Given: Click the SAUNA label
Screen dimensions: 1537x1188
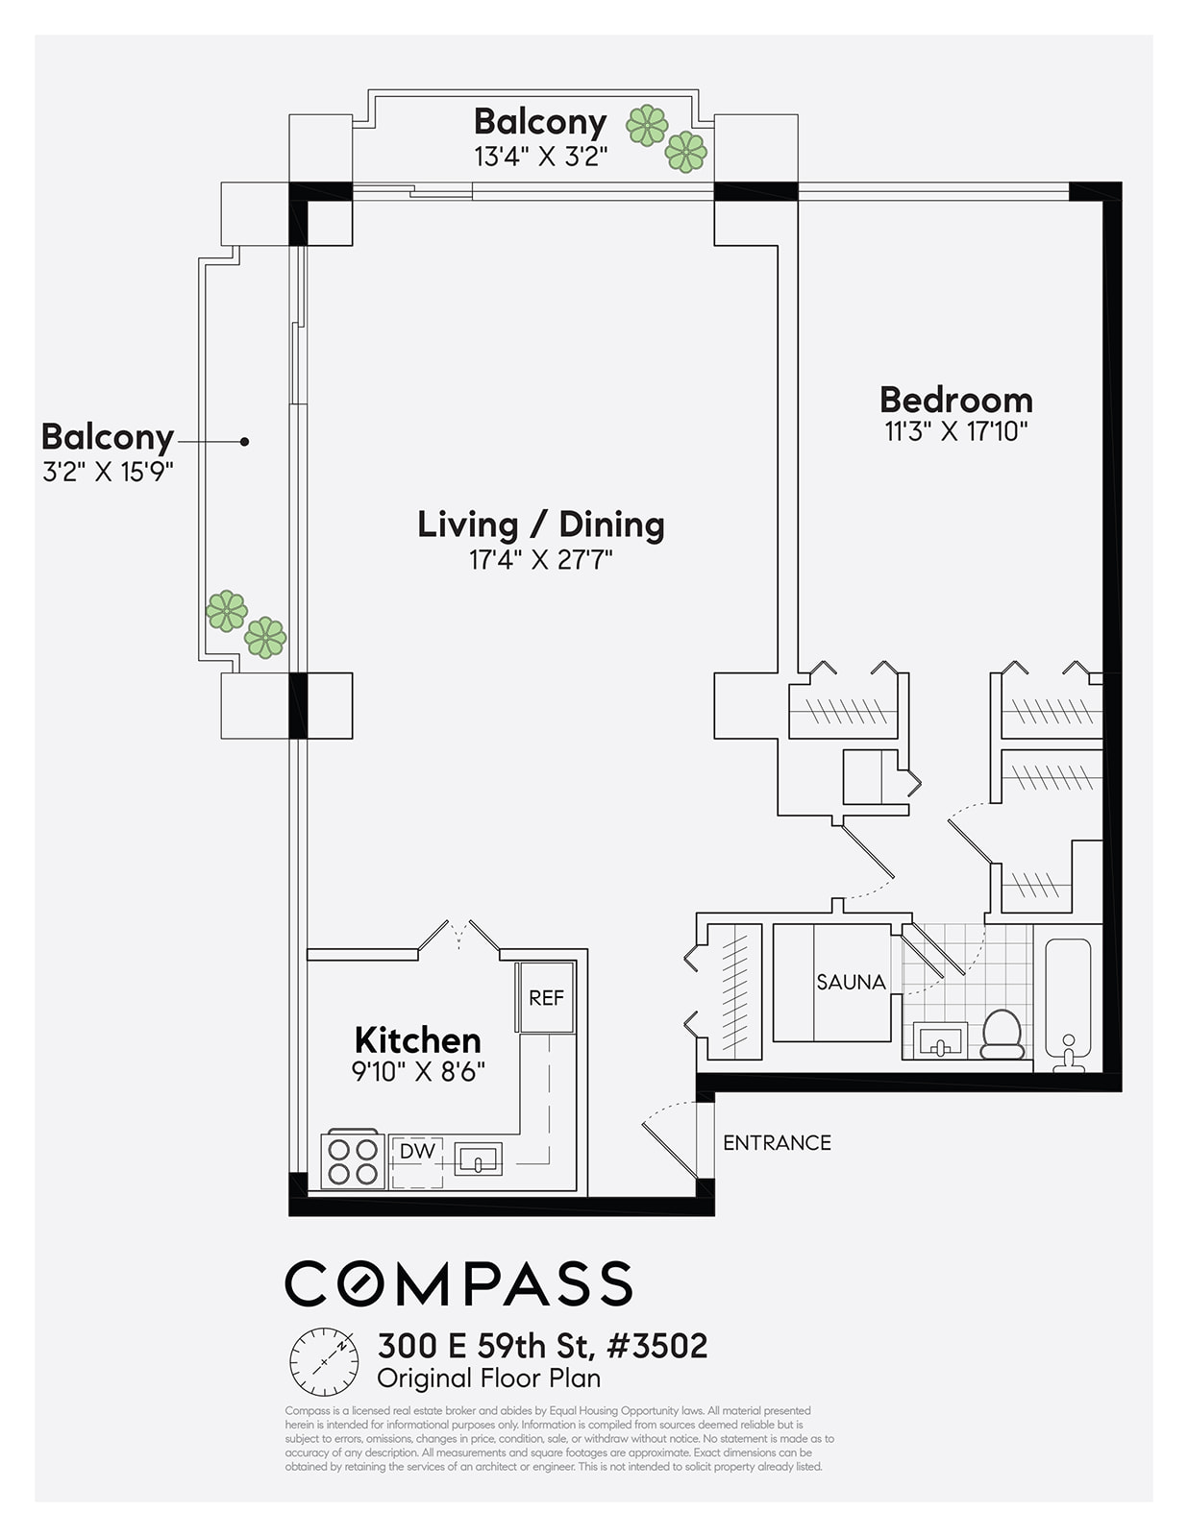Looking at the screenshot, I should pyautogui.click(x=851, y=982).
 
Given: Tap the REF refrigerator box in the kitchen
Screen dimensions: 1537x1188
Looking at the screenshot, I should pyautogui.click(x=546, y=998).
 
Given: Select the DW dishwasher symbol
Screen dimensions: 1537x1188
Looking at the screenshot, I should pyautogui.click(x=417, y=1151).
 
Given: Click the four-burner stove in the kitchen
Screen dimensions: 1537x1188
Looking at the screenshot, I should pyautogui.click(x=353, y=1160).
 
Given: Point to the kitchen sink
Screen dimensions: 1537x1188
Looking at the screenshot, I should pyautogui.click(x=478, y=1159).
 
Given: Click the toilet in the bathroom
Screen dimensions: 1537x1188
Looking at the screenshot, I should pyautogui.click(x=1002, y=1034).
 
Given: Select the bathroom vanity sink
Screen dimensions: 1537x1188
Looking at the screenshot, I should pyautogui.click(x=939, y=1040).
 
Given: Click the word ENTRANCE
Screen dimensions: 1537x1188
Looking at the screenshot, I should pyautogui.click(x=777, y=1142).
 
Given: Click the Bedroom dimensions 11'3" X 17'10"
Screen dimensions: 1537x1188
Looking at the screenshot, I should pyautogui.click(x=955, y=431).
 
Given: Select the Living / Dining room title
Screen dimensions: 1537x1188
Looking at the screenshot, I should pyautogui.click(x=540, y=525).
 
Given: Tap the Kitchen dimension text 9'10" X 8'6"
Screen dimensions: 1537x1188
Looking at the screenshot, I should pyautogui.click(x=418, y=1071).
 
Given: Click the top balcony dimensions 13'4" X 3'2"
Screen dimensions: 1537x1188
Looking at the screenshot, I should pyautogui.click(x=540, y=156).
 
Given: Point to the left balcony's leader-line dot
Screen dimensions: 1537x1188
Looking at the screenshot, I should pyautogui.click(x=245, y=441).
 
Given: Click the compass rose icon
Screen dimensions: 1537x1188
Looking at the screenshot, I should pyautogui.click(x=324, y=1362).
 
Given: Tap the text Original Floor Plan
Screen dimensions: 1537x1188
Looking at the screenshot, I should pyautogui.click(x=488, y=1378).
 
